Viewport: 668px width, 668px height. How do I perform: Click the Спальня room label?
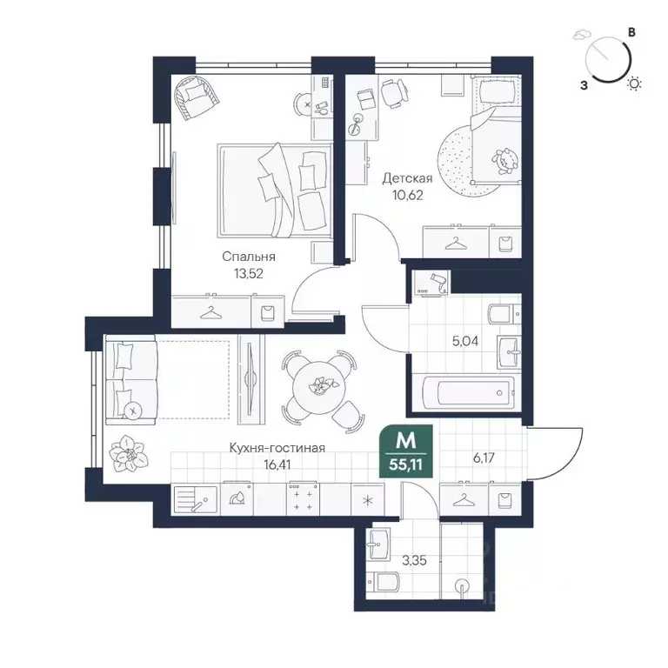pos(249,257)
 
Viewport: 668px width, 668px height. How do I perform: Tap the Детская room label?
pos(407,178)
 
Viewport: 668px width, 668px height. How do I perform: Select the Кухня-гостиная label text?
pos(277,448)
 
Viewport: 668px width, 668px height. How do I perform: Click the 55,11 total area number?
pos(405,464)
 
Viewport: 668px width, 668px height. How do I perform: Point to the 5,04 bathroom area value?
pos(465,341)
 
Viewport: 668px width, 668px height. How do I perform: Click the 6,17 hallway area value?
pos(484,458)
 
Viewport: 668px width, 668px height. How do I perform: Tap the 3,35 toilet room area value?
pos(414,561)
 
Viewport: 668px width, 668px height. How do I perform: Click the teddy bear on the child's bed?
pos(506,161)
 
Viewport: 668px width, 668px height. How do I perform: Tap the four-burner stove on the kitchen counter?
pos(303,499)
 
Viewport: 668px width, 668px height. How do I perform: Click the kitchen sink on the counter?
pos(196,500)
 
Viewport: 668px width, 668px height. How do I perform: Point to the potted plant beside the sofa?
pos(128,454)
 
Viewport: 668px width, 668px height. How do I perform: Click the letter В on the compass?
pos(632,32)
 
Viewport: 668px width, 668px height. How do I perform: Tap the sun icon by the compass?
pos(634,84)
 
